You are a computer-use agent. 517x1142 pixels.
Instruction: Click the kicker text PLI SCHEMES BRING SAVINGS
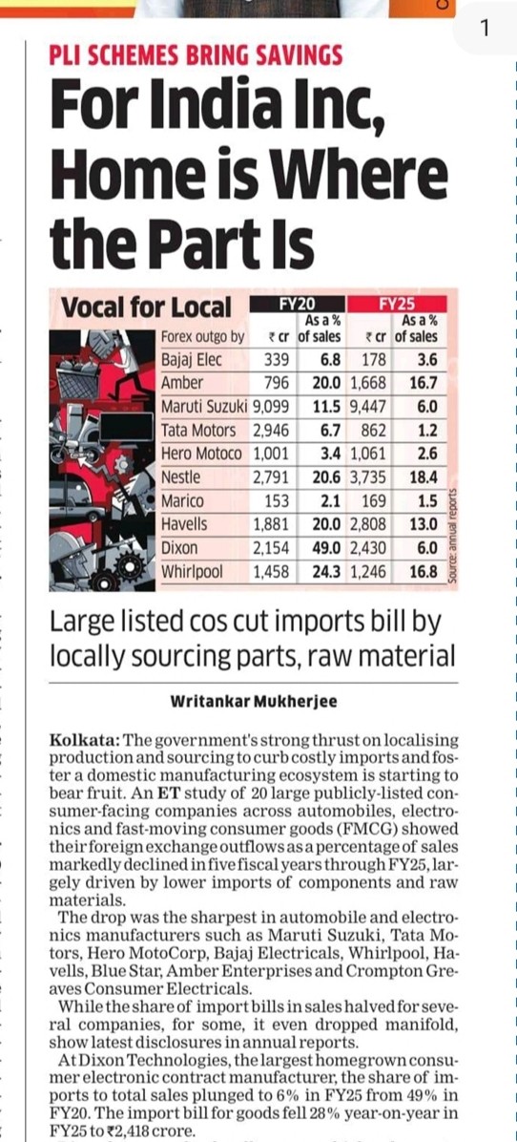click(x=196, y=56)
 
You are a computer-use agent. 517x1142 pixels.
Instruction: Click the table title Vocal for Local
click(x=146, y=308)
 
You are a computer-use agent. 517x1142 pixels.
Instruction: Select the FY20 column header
click(x=297, y=304)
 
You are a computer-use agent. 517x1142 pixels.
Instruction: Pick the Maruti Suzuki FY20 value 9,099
click(x=272, y=407)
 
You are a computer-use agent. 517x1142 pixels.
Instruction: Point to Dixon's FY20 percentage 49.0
click(x=323, y=548)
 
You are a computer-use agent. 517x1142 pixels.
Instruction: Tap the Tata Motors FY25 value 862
click(x=372, y=431)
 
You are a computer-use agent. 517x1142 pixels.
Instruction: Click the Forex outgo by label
click(x=203, y=337)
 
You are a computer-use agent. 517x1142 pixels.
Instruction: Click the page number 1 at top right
click(x=485, y=27)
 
